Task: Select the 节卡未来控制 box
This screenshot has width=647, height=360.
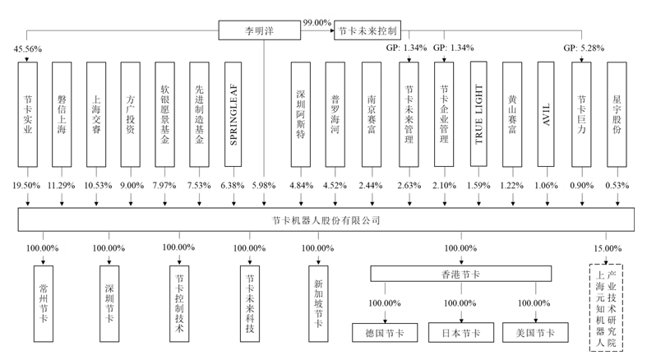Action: (x=367, y=31)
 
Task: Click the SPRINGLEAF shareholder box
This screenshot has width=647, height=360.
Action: (x=233, y=113)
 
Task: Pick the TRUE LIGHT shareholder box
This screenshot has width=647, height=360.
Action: (x=478, y=113)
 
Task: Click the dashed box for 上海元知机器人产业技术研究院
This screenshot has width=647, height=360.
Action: (x=606, y=307)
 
